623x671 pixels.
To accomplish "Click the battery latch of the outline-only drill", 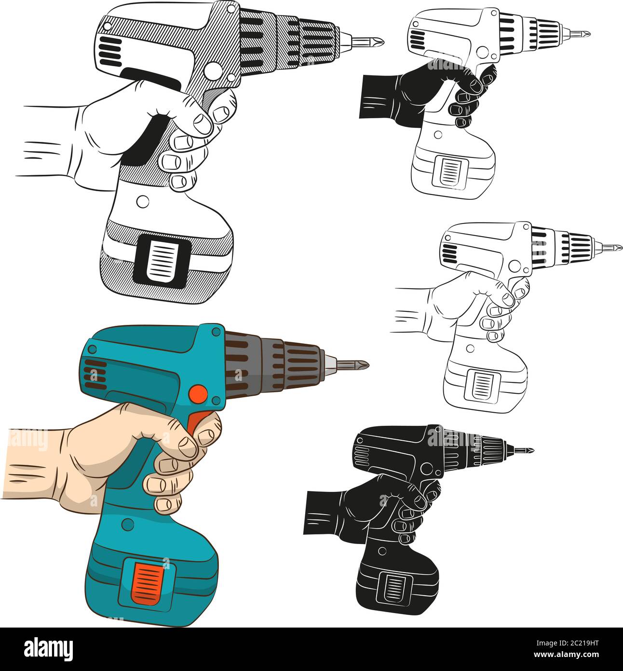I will (x=483, y=384).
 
